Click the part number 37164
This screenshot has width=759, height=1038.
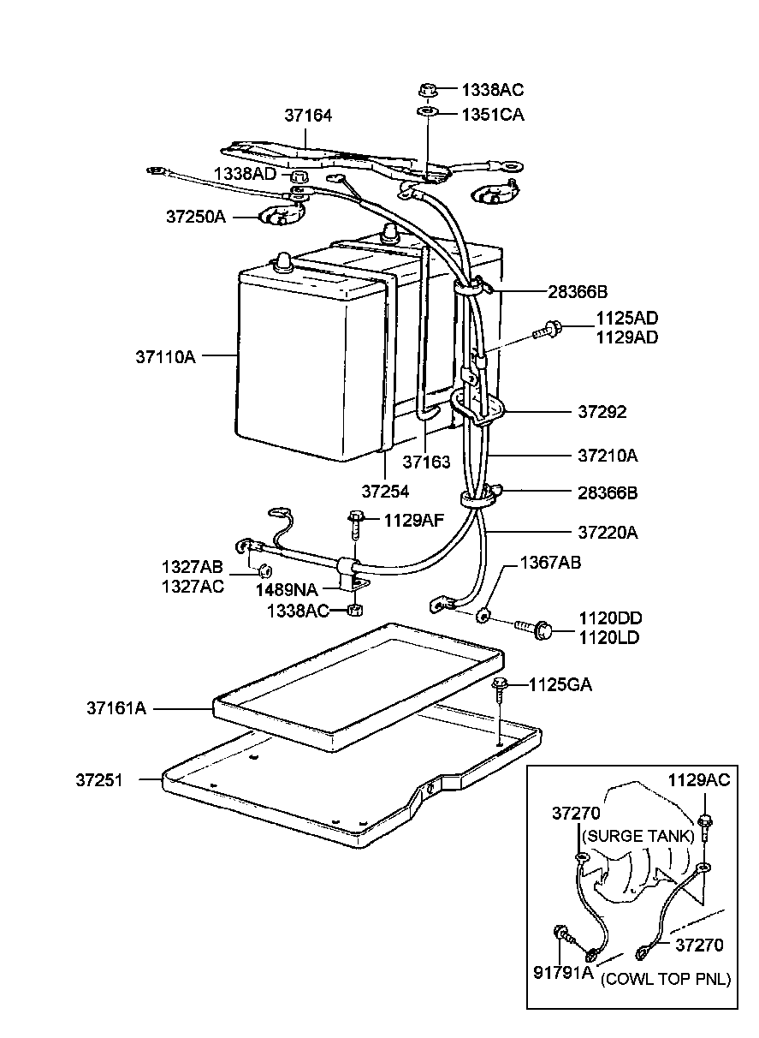tap(308, 116)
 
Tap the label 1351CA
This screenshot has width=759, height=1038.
tap(493, 115)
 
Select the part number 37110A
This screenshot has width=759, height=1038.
tap(165, 357)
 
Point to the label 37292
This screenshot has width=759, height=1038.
tap(602, 411)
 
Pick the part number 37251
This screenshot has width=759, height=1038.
tap(99, 780)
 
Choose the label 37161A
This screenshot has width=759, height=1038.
tap(116, 708)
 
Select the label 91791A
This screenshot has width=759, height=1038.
tap(563, 972)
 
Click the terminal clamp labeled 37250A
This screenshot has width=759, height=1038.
tap(282, 214)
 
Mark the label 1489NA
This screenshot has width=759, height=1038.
tap(287, 590)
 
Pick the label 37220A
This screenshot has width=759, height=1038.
tap(608, 533)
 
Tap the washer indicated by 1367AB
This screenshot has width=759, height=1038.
tap(483, 617)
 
